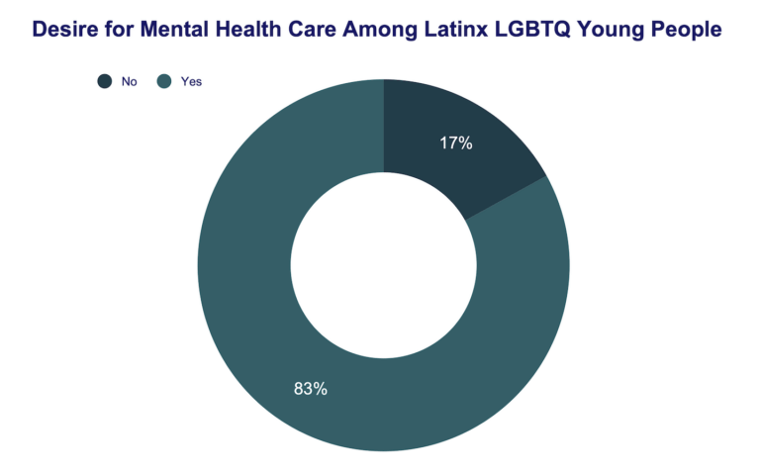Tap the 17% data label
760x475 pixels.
click(456, 143)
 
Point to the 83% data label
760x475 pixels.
click(311, 389)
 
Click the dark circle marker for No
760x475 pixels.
click(103, 81)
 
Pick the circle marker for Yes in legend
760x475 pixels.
click(164, 81)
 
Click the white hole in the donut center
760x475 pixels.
click(383, 265)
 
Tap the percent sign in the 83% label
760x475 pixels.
click(320, 389)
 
